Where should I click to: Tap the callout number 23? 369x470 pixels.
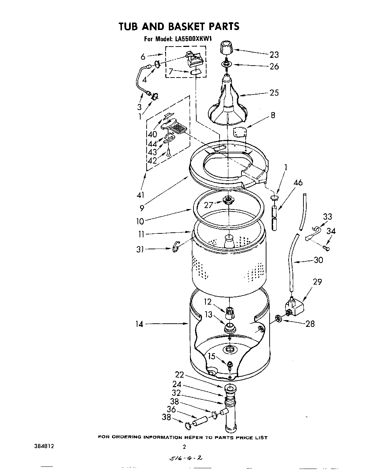click(274, 55)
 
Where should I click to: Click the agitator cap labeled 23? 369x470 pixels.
click(226, 48)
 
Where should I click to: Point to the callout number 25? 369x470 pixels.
click(274, 93)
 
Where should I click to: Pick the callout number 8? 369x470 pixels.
click(273, 115)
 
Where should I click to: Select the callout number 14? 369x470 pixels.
click(140, 324)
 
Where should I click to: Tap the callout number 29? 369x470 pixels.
click(318, 282)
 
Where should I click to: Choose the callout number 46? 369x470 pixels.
click(298, 183)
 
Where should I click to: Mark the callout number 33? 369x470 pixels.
click(327, 216)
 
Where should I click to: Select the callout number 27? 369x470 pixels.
click(209, 205)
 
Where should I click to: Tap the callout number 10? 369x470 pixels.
click(140, 221)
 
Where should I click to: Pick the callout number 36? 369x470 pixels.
click(171, 409)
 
